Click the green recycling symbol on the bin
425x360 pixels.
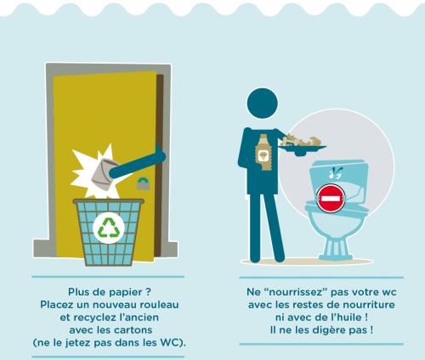click(x=109, y=228)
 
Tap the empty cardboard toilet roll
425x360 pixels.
click(x=105, y=174)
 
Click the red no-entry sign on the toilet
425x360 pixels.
click(x=331, y=199)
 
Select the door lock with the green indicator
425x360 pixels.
click(x=143, y=183)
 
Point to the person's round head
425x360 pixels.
click(x=263, y=103)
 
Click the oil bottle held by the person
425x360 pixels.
click(x=263, y=152)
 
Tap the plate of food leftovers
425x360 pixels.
click(x=302, y=145)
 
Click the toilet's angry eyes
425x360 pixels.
click(x=335, y=173)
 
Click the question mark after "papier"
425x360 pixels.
click(x=149, y=292)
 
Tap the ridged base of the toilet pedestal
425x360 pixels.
click(x=336, y=249)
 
